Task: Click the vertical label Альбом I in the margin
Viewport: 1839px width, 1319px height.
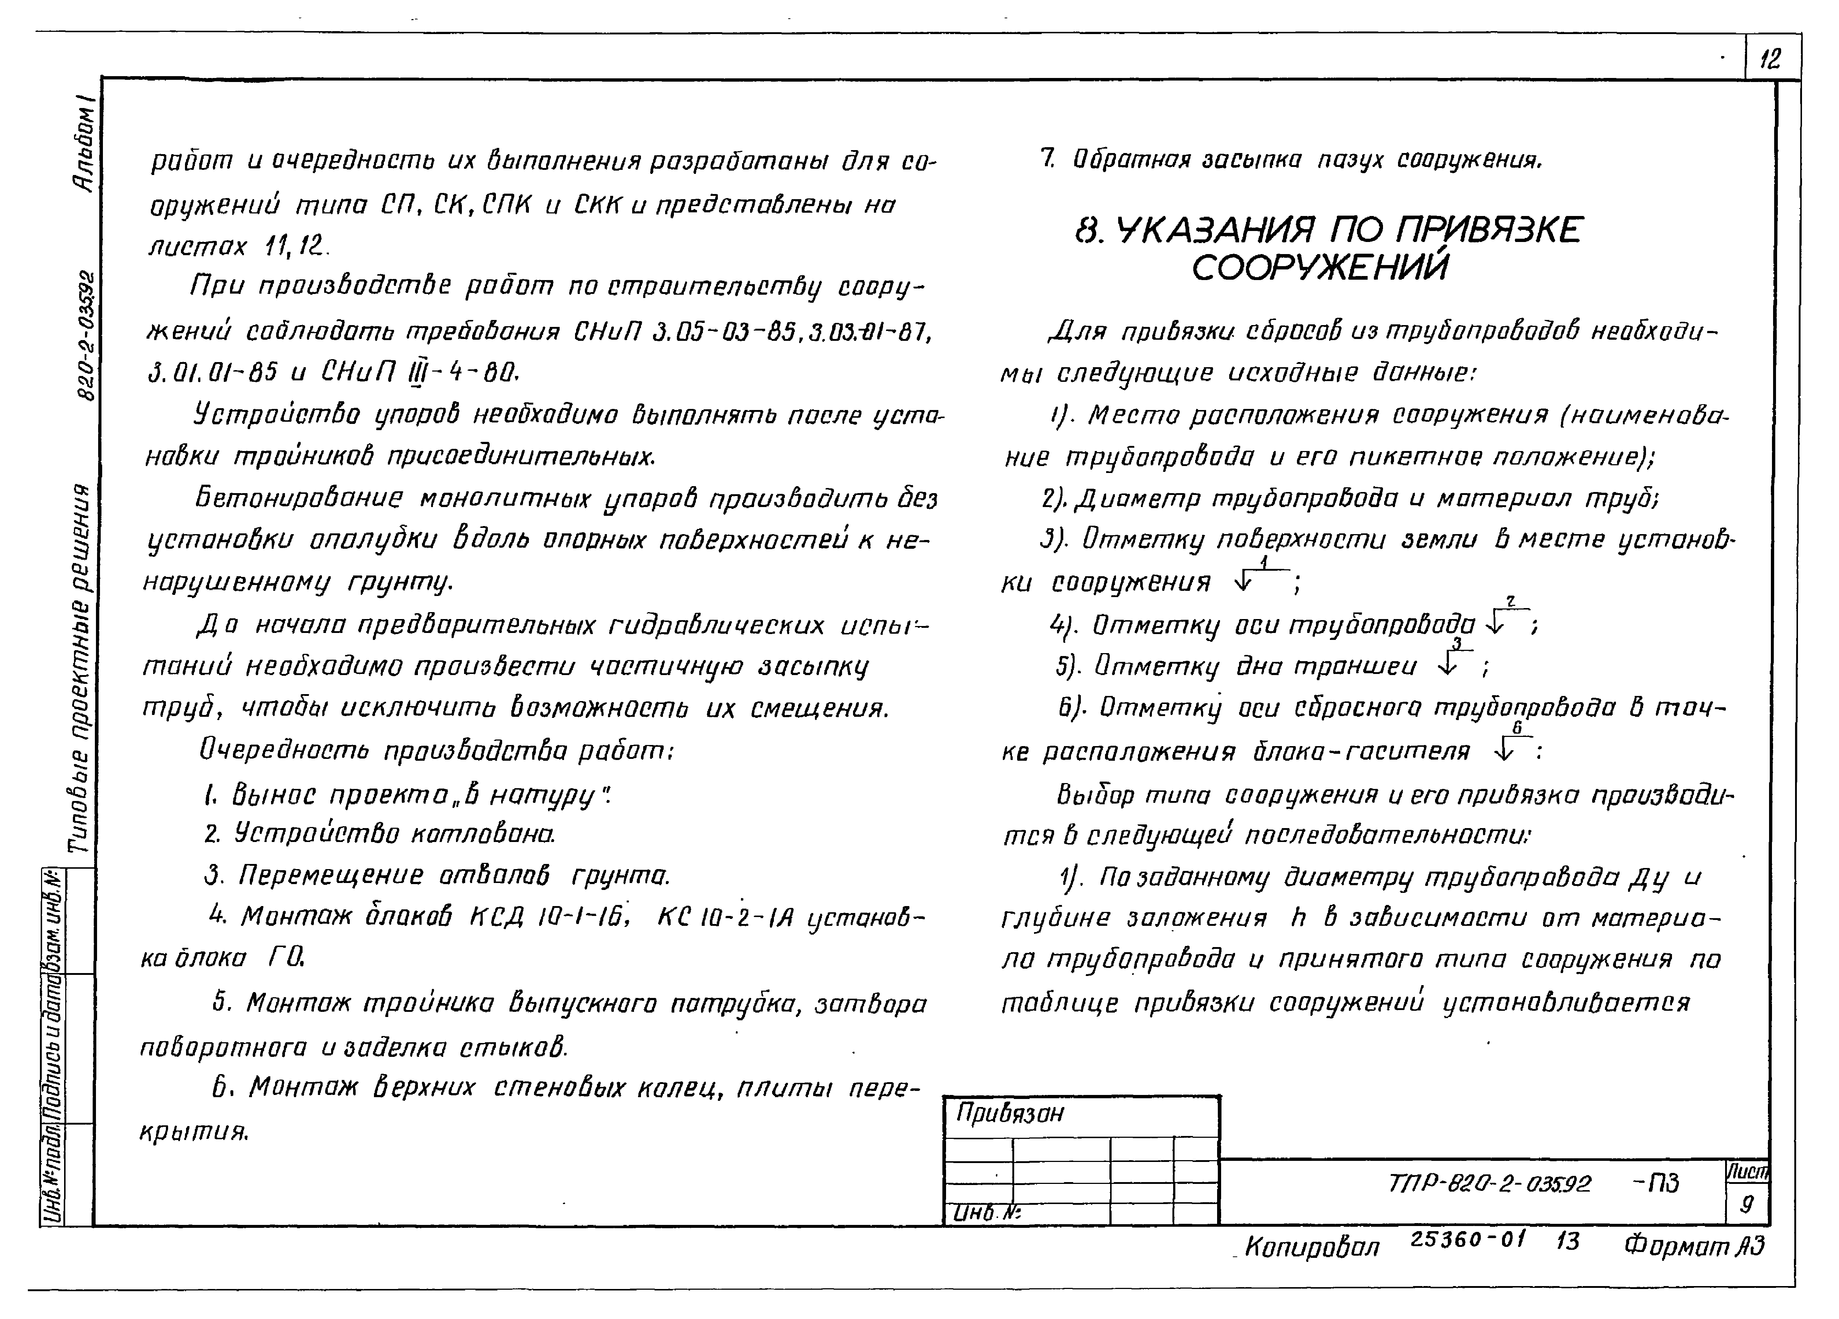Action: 84,142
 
